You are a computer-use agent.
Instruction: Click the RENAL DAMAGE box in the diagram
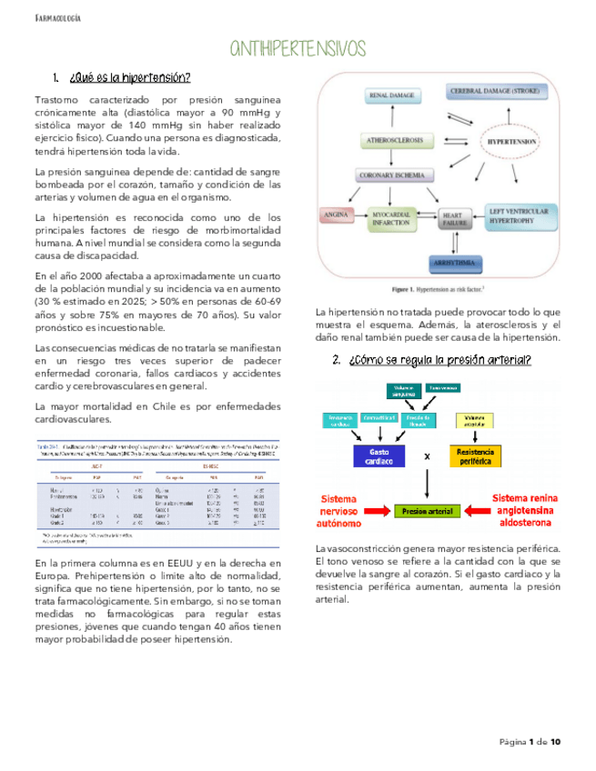coord(391,95)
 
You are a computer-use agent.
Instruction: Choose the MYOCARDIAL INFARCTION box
coord(394,217)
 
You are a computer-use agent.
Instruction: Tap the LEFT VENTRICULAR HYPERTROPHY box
coord(520,215)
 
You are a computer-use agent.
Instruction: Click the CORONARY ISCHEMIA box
coord(394,175)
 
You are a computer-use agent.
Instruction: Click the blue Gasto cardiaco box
coord(380,456)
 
